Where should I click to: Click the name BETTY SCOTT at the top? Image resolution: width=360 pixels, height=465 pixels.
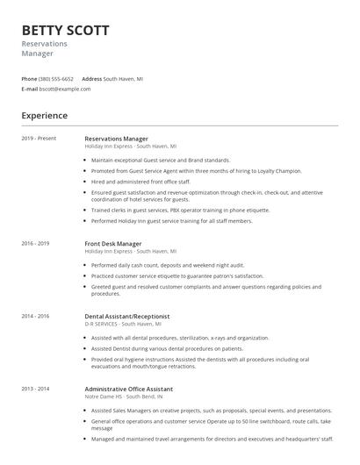66,30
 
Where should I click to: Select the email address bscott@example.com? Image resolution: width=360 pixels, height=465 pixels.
66,89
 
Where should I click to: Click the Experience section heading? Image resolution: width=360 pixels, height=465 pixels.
44,116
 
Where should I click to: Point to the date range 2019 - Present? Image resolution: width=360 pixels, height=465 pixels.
40,139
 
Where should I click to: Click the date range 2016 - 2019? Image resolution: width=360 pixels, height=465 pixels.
36,243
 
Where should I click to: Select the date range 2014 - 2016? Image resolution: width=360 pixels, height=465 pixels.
36,316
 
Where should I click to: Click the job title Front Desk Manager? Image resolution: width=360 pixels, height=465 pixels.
113,243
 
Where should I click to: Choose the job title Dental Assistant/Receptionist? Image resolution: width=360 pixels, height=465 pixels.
127,316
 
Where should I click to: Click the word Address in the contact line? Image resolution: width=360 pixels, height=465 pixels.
92,79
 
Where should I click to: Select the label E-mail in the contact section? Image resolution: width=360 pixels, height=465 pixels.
30,89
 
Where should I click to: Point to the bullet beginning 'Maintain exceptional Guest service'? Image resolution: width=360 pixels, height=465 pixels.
161,161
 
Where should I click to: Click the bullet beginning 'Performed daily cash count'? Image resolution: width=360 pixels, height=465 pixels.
167,264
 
